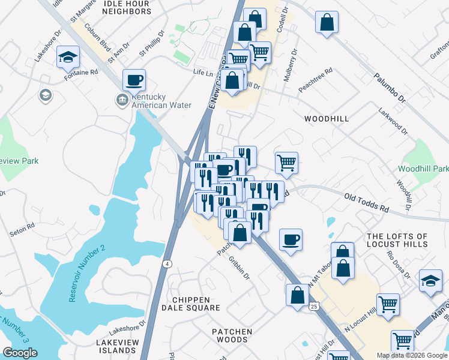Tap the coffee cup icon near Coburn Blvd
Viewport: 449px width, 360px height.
coord(134,79)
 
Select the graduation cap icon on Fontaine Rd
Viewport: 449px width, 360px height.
coord(68,58)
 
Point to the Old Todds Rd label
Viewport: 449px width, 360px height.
coord(366,202)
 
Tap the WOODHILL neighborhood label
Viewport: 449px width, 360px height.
coord(327,119)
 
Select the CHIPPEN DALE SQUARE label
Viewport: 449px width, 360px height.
coord(191,304)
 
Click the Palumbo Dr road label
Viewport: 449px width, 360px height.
coord(390,87)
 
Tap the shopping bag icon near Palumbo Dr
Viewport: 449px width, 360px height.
coord(327,23)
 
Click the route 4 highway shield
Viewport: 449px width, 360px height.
coord(166,263)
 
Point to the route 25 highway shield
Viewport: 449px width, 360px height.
coord(315,307)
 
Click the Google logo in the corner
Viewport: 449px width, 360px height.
coord(20,353)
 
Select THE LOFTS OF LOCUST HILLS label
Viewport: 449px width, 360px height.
coord(397,240)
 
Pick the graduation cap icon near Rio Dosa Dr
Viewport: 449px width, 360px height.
coord(430,281)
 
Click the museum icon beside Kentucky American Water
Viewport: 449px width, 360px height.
coord(122,99)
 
